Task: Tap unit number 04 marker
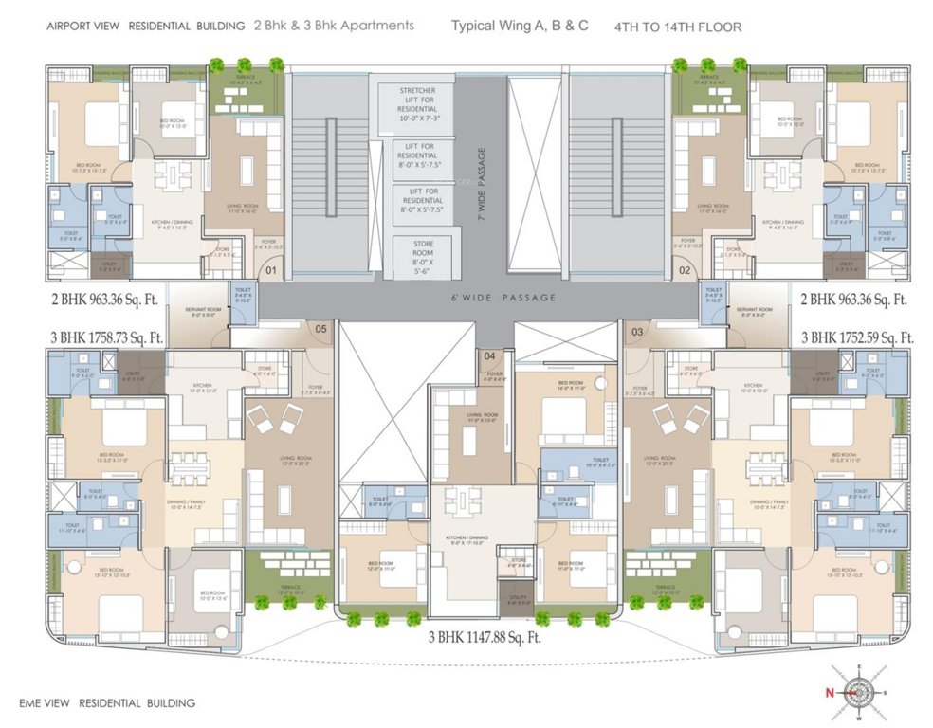tap(489, 356)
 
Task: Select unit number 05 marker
tap(320, 330)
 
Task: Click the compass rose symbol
tap(860, 692)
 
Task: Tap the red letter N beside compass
tap(828, 693)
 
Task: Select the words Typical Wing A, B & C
tap(520, 26)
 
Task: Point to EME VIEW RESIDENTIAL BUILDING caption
tap(107, 703)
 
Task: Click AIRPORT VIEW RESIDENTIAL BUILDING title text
tap(133, 27)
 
